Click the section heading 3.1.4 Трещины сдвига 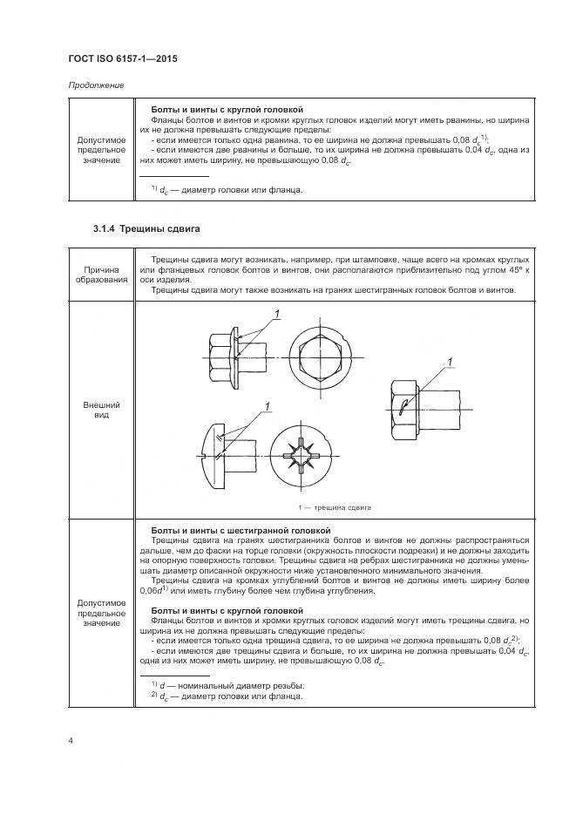click(x=146, y=228)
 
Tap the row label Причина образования click(x=101, y=275)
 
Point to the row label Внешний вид click(x=101, y=411)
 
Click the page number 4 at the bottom click(x=71, y=740)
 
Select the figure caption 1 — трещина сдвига click(x=335, y=506)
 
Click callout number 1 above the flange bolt click(x=276, y=314)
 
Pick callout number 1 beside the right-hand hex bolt click(x=451, y=360)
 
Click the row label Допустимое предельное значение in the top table click(x=101, y=150)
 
